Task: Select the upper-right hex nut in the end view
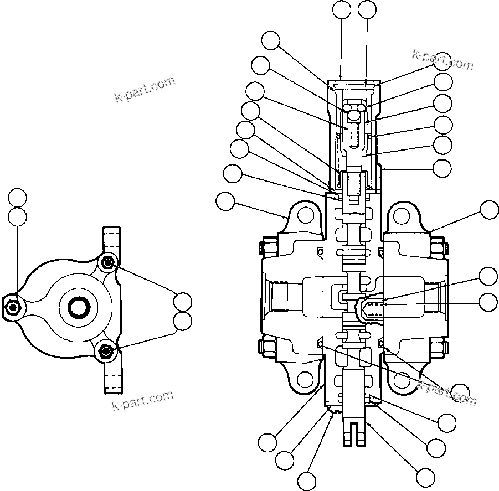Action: (107, 261)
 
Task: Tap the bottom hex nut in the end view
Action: (106, 350)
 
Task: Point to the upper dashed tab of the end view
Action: (111, 240)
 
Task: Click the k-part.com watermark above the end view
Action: (145, 90)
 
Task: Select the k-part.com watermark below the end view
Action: (142, 401)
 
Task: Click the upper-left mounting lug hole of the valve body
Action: (304, 215)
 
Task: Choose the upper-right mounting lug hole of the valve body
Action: (402, 215)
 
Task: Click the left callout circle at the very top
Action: (341, 9)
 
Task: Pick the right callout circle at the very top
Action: (367, 9)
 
